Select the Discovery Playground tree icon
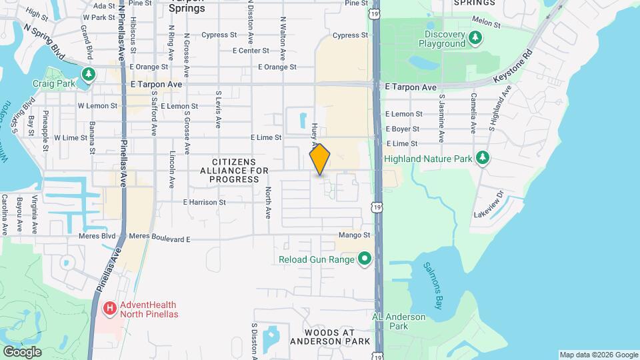click(x=475, y=39)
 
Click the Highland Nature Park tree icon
click(x=483, y=158)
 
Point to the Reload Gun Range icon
click(x=364, y=259)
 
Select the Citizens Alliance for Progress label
click(x=234, y=171)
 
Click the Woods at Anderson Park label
click(x=330, y=336)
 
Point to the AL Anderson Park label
click(x=399, y=321)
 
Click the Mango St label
click(x=354, y=235)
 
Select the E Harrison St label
click(x=204, y=202)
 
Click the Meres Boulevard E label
click(x=160, y=237)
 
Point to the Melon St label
click(x=485, y=23)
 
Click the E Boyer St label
click(x=403, y=129)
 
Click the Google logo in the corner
click(x=22, y=352)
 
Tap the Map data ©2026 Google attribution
click(x=598, y=355)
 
